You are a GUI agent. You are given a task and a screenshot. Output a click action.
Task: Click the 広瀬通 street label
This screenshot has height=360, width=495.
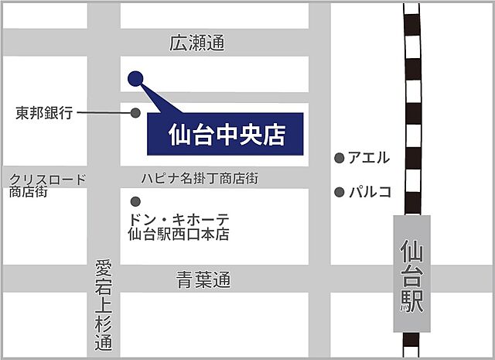click(196, 44)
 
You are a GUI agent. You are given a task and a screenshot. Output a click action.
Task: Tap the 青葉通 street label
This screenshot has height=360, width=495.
click(203, 279)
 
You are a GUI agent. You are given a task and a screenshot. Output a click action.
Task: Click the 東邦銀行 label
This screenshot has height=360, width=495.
click(44, 113)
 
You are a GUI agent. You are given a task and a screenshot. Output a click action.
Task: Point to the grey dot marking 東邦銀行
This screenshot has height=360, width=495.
click(135, 113)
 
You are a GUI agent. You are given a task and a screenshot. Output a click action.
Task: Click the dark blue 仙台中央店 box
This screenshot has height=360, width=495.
click(225, 135)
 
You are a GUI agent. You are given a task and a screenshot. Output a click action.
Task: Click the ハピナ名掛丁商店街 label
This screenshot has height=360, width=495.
click(204, 178)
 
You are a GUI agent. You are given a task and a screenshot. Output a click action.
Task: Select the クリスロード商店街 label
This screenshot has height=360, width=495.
click(47, 185)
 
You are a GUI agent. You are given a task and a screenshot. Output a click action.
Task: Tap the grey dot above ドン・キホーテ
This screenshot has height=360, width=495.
click(136, 201)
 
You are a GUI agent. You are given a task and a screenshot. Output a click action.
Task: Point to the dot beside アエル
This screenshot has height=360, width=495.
click(339, 158)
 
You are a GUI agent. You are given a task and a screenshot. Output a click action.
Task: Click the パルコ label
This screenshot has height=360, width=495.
click(370, 191)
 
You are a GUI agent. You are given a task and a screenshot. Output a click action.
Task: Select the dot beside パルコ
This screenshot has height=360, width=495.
click(339, 191)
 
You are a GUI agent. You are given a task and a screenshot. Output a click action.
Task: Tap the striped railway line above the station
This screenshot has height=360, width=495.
click(413, 108)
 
